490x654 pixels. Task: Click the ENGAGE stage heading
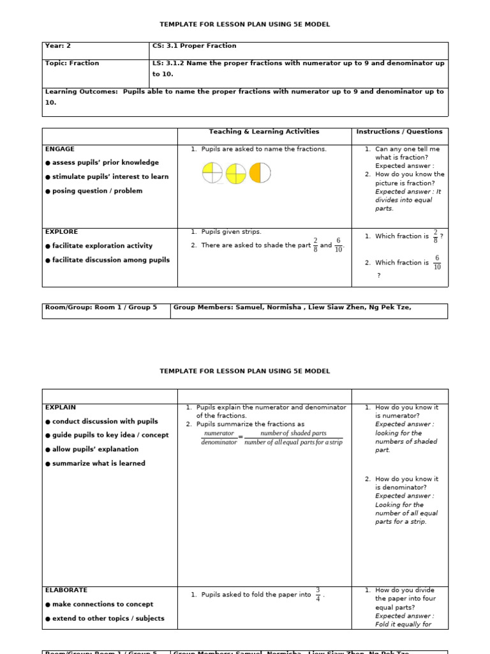click(x=60, y=149)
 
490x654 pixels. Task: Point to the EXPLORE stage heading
click(x=62, y=232)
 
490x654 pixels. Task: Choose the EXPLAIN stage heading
click(x=61, y=407)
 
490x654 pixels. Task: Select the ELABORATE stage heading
click(x=66, y=590)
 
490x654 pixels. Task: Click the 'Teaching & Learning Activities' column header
click(x=264, y=132)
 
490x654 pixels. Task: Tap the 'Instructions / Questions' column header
click(x=399, y=132)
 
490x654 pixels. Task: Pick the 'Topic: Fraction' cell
click(x=72, y=64)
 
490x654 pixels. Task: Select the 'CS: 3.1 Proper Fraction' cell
click(x=194, y=46)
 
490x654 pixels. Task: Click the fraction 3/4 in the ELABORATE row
click(x=318, y=594)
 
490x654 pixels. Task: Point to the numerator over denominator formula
click(x=272, y=437)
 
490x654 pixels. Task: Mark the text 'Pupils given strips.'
click(x=231, y=232)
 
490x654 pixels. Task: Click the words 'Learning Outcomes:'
click(x=81, y=92)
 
